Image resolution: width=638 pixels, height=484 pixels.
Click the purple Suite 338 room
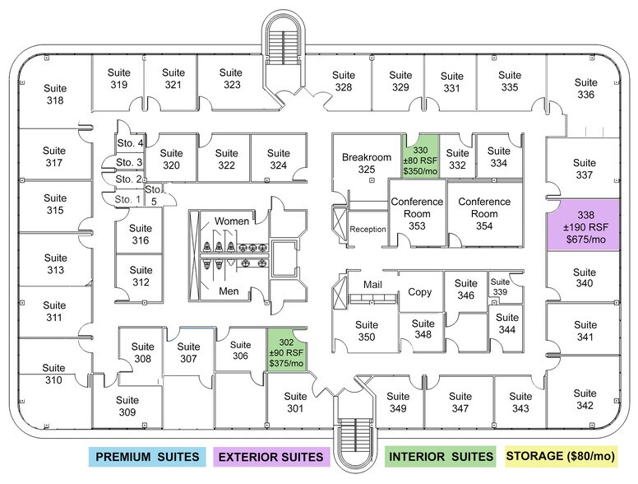coord(584,225)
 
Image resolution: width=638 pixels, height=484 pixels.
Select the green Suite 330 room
coord(421,156)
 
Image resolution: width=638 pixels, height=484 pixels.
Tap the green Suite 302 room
coord(286,350)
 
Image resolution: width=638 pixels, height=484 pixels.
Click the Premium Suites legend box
coord(147,457)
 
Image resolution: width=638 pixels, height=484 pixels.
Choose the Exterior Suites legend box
coord(271,457)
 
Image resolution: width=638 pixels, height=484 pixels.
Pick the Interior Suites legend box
coord(441,456)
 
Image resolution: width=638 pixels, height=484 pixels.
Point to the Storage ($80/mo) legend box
coord(561,456)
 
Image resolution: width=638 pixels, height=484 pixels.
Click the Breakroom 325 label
coord(367,163)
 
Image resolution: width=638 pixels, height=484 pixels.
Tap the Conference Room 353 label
coord(417,213)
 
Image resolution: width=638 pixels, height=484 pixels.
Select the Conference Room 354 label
coord(484,213)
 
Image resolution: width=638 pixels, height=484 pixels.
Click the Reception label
coord(368,230)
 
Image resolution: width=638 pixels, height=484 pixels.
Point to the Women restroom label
coord(232,221)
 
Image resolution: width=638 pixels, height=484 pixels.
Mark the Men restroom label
coord(229,291)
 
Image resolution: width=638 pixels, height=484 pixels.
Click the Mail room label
coord(372,284)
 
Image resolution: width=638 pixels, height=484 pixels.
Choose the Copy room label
coord(419,292)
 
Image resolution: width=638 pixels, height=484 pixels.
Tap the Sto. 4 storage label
coord(130,143)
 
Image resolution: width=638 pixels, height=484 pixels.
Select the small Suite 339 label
coord(500,286)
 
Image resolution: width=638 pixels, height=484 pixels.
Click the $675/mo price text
coord(586,240)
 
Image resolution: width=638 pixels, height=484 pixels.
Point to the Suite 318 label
coord(55,94)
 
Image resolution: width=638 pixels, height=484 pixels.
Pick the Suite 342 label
coord(585,399)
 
